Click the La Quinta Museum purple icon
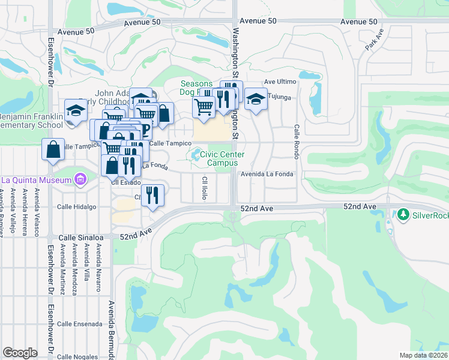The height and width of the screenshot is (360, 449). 79,179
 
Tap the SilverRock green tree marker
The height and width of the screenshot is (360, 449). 403,214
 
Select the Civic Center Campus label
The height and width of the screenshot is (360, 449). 222,158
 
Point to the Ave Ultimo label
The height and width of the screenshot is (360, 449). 280,83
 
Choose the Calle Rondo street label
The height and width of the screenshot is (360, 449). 297,142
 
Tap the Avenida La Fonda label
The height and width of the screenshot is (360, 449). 267,175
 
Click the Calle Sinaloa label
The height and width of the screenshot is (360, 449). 81,238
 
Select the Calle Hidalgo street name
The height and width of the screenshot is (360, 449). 76,206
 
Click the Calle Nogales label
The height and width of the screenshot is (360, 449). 78,356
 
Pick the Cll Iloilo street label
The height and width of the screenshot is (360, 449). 205,188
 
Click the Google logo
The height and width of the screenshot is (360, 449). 20,353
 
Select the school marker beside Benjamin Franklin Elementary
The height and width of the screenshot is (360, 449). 76,110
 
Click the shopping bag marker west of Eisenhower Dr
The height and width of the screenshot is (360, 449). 53,149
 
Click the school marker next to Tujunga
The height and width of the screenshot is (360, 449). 256,99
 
